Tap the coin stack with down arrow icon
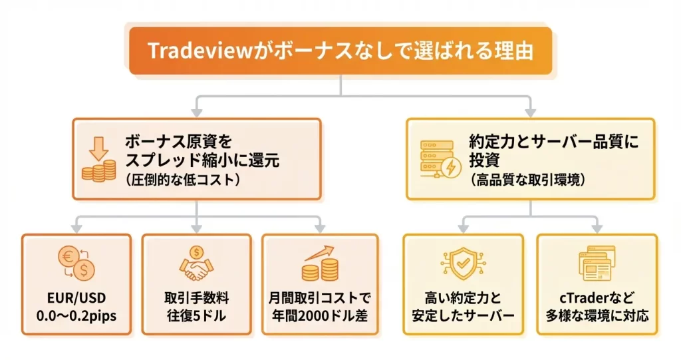click(99, 160)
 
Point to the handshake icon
click(196, 265)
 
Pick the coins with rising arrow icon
click(318, 264)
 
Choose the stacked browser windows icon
click(597, 265)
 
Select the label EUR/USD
click(76, 297)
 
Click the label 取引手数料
click(196, 297)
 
